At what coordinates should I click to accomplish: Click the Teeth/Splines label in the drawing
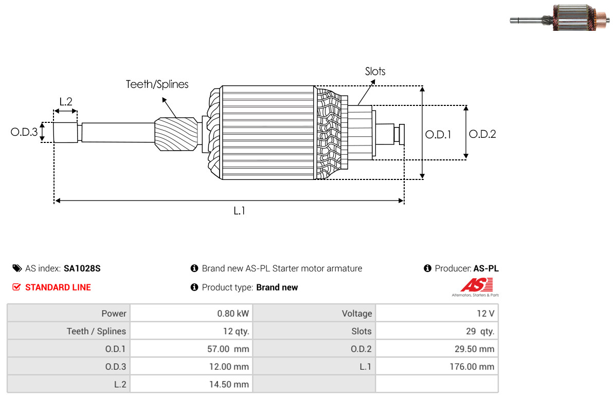(x=157, y=84)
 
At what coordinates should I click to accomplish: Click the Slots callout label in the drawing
(x=375, y=71)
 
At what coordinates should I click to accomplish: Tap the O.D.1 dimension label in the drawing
(x=438, y=135)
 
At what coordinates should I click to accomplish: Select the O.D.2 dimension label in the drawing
(x=482, y=134)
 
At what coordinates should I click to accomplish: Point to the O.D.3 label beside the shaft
(x=24, y=133)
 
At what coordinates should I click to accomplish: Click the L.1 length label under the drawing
(x=239, y=210)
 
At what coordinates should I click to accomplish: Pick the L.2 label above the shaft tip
(x=66, y=102)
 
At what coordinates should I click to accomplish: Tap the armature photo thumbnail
(x=561, y=18)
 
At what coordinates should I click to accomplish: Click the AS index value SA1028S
(x=82, y=268)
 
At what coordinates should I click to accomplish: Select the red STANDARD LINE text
(x=58, y=287)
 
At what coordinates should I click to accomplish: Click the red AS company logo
(x=476, y=285)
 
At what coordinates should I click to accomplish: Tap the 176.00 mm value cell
(x=472, y=367)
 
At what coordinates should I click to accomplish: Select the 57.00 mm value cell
(x=228, y=349)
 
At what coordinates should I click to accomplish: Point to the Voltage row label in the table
(x=356, y=314)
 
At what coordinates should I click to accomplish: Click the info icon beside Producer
(x=427, y=268)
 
